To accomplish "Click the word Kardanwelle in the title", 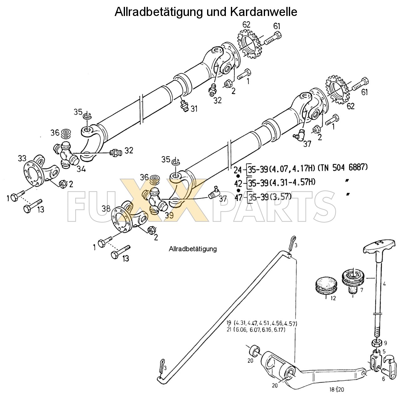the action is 263,12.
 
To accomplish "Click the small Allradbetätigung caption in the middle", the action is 193,249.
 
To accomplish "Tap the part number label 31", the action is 194,109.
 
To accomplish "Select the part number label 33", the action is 22,159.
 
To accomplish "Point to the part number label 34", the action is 81,169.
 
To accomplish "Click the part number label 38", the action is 106,208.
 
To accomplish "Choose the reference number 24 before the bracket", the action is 237,170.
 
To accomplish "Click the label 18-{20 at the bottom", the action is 337,389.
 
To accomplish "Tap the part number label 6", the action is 383,379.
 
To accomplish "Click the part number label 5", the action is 384,351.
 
